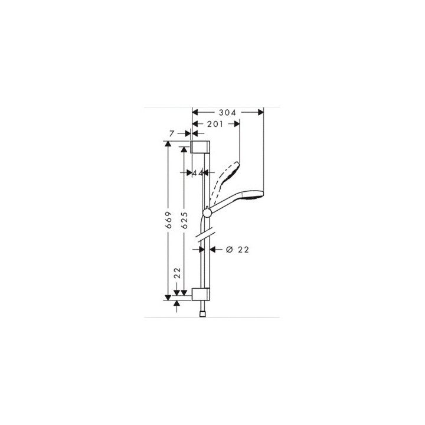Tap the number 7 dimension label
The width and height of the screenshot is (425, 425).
pyautogui.click(x=171, y=135)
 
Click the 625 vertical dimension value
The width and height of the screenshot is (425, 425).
pyautogui.click(x=184, y=220)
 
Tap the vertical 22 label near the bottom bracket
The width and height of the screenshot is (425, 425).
pyautogui.click(x=176, y=274)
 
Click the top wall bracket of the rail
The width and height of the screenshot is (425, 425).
pyautogui.click(x=200, y=148)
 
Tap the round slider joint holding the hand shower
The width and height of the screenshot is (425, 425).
pyautogui.click(x=207, y=212)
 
